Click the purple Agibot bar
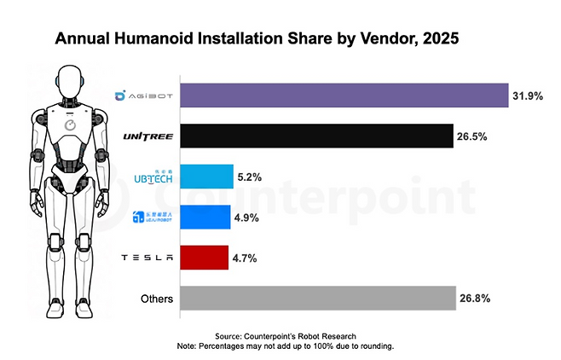pyautogui.click(x=343, y=96)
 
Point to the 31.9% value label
pyautogui.click(x=528, y=96)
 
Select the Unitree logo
pyautogui.click(x=149, y=136)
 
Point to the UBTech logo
pyautogui.click(x=154, y=177)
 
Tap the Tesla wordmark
pyautogui.click(x=149, y=258)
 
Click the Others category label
pyautogui.click(x=157, y=299)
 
